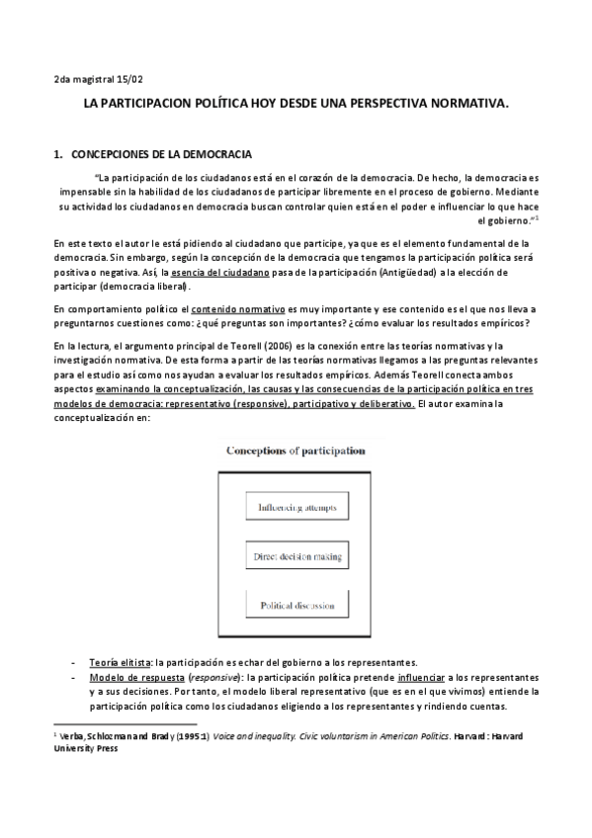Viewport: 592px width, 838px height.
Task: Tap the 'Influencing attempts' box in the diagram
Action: (x=297, y=508)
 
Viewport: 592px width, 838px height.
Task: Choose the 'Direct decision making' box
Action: (x=297, y=557)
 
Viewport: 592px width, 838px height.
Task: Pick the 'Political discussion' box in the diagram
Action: (x=297, y=604)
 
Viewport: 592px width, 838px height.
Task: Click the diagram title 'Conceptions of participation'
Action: (x=296, y=451)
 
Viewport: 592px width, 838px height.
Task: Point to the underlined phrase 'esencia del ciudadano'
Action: (x=222, y=272)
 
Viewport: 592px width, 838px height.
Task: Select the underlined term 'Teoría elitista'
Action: (x=121, y=661)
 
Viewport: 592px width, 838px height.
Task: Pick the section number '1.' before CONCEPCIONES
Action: (x=57, y=155)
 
